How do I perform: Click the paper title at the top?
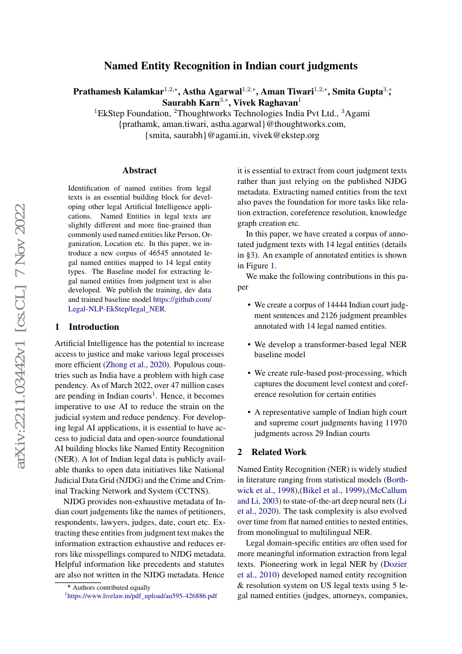231,66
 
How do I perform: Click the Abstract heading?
140,170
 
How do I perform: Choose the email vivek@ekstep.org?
285,135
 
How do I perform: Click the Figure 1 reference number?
273,266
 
